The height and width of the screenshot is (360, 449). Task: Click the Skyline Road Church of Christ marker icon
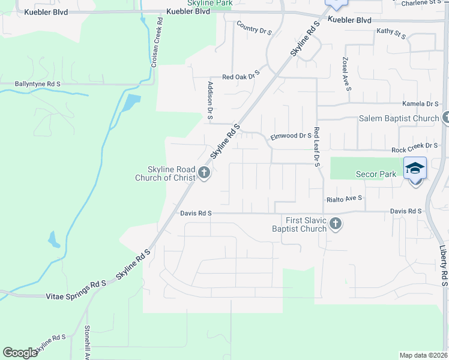point(204,174)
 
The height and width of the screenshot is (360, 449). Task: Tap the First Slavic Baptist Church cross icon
point(336,224)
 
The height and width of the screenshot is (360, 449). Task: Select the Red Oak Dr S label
point(240,76)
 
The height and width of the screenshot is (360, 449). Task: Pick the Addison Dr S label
point(210,100)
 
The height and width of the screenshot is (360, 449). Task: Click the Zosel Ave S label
point(346,74)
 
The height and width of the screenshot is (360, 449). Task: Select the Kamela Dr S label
point(421,104)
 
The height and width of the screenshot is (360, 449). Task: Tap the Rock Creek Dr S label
point(414,146)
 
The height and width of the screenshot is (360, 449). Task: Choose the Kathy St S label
point(391,33)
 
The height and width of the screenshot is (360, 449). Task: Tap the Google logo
point(20,353)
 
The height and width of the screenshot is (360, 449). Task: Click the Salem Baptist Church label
point(399,118)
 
